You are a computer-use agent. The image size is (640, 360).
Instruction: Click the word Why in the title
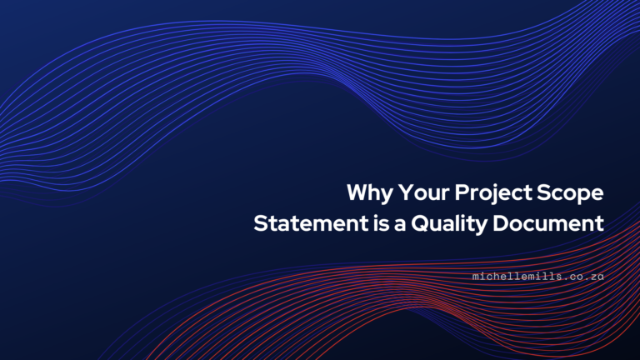pyautogui.click(x=365, y=193)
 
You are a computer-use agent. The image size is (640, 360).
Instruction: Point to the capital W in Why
pyautogui.click(x=357, y=193)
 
